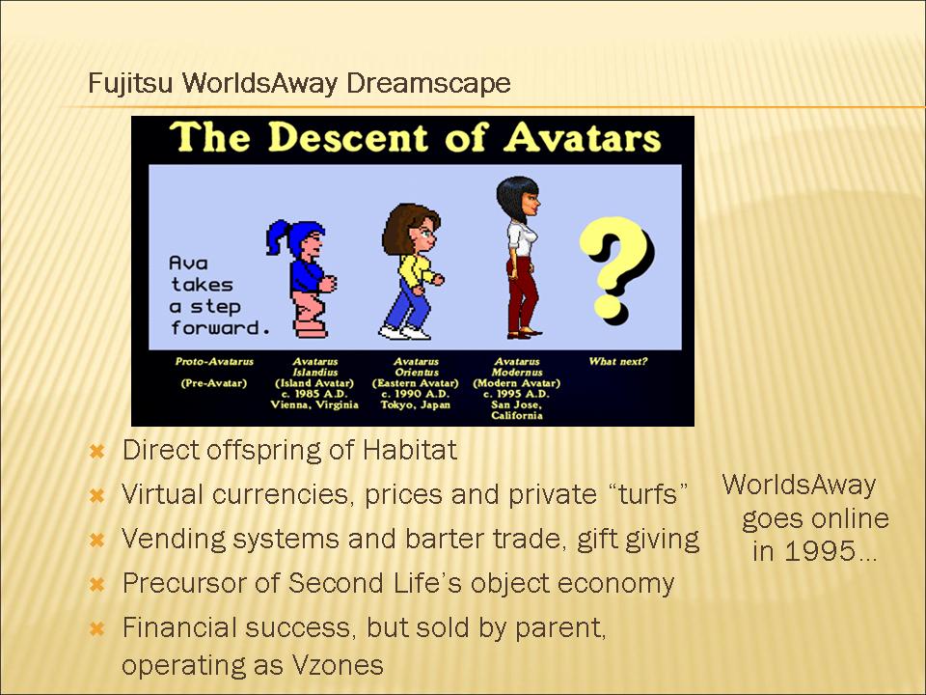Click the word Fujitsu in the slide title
click(x=130, y=83)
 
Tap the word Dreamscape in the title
click(x=428, y=83)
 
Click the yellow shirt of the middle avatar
click(x=416, y=270)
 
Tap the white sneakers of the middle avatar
click(x=405, y=332)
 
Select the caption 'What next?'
click(x=617, y=361)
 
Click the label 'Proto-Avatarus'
click(x=214, y=361)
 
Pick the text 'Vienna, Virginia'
click(x=314, y=404)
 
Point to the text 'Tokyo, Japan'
click(x=415, y=404)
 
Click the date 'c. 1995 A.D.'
click(x=516, y=394)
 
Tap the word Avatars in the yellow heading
click(x=583, y=138)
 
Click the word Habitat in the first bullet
click(x=409, y=450)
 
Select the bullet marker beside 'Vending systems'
click(x=96, y=540)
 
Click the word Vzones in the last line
click(x=337, y=665)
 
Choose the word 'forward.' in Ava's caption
click(x=220, y=328)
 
